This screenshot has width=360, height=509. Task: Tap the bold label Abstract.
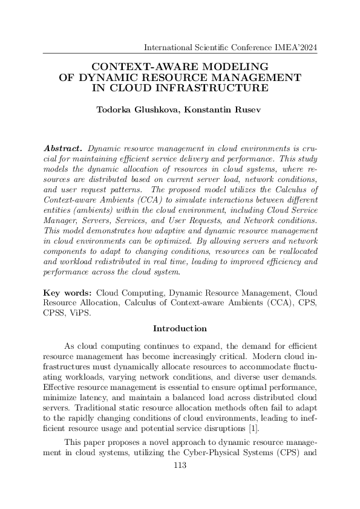tap(64, 148)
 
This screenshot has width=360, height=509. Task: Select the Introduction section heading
tap(180, 328)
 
